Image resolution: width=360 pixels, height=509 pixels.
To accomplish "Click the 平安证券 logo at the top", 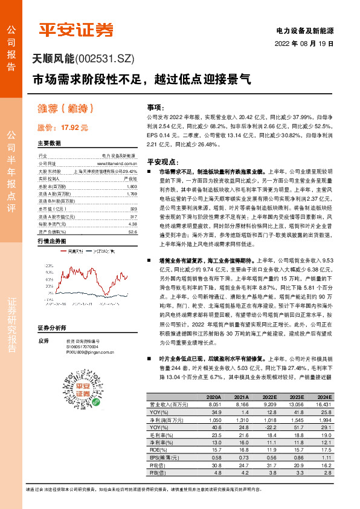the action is pyautogui.click(x=76, y=29).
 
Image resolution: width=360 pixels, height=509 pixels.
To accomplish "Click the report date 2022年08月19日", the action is pyautogui.click(x=304, y=44).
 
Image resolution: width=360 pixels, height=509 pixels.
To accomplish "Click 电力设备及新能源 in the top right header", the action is pyautogui.click(x=304, y=30).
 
